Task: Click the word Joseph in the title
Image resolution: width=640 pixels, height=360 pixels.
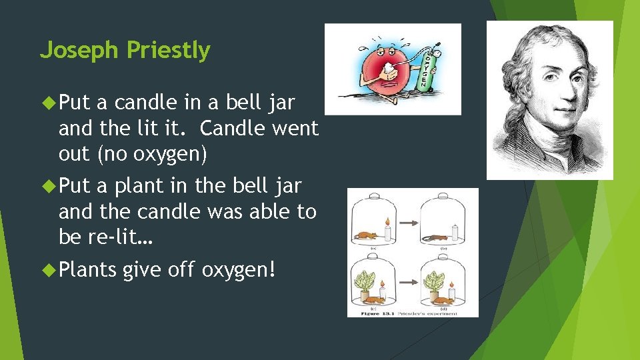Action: (x=79, y=51)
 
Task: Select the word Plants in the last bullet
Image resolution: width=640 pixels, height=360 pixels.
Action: (x=87, y=271)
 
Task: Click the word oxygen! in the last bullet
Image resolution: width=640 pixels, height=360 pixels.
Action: (x=238, y=271)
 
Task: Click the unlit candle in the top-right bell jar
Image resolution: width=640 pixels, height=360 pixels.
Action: (x=455, y=232)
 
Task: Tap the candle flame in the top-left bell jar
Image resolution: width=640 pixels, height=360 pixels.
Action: (x=386, y=221)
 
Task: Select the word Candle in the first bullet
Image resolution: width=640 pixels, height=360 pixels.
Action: (x=226, y=128)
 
